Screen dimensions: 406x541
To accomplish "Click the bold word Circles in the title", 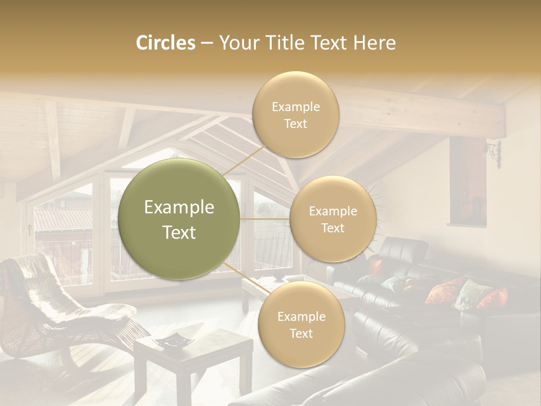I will [165, 43].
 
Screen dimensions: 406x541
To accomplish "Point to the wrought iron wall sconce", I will [494, 153].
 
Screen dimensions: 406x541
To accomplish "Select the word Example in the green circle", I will [179, 208].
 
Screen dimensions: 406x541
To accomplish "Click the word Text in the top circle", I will [295, 123].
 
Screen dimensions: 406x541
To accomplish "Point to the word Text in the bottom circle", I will [301, 333].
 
